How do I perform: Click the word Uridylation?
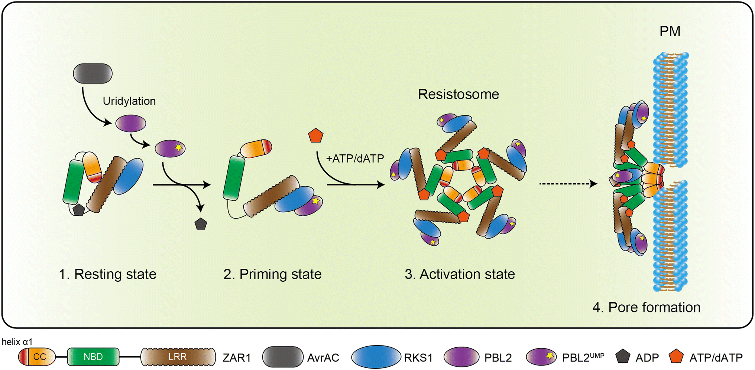click(x=129, y=101)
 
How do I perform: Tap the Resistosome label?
click(x=458, y=94)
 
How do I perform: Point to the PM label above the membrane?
click(x=670, y=31)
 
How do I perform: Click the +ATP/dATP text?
click(x=355, y=158)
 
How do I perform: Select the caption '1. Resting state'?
click(x=107, y=274)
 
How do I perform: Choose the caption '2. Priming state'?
click(x=272, y=274)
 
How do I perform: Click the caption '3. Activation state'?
click(x=460, y=274)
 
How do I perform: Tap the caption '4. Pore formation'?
click(x=646, y=307)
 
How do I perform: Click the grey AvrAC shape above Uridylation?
click(x=93, y=73)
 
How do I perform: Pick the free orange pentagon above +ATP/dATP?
click(x=316, y=136)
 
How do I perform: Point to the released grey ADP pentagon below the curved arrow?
click(x=201, y=224)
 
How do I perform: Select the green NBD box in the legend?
click(x=93, y=357)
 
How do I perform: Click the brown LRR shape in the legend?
click(x=178, y=357)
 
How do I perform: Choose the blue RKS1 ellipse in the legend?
click(x=376, y=357)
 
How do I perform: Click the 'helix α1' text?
click(x=17, y=342)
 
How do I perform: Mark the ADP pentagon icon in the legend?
click(x=622, y=357)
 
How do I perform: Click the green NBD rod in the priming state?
click(x=234, y=179)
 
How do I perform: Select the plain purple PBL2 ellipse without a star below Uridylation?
click(x=130, y=123)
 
